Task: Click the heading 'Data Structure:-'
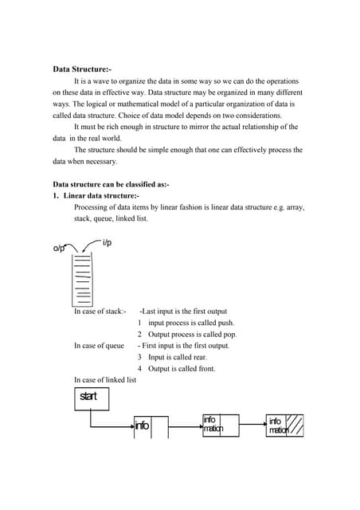point(88,69)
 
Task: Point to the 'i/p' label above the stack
point(107,242)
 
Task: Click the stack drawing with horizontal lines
point(82,280)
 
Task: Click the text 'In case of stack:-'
point(100,312)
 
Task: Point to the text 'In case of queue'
point(99,346)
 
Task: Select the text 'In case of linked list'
point(105,380)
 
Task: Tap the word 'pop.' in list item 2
point(227,335)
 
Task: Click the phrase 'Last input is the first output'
point(184,312)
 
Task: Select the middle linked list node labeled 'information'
point(213,425)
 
